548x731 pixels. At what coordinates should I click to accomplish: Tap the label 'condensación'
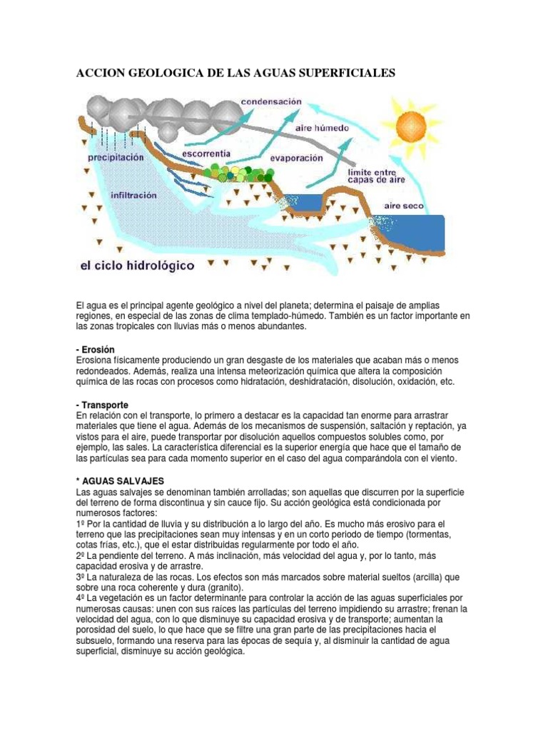tap(271, 102)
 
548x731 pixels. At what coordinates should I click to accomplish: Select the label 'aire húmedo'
tap(322, 128)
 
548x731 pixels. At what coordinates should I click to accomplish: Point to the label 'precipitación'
tap(116, 157)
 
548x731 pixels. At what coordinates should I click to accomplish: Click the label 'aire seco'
tap(404, 206)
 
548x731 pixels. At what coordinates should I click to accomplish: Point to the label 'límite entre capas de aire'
tap(376, 176)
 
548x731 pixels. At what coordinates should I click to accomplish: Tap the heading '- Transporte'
tap(102, 405)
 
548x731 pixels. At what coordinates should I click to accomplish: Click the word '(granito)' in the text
tap(223, 588)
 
